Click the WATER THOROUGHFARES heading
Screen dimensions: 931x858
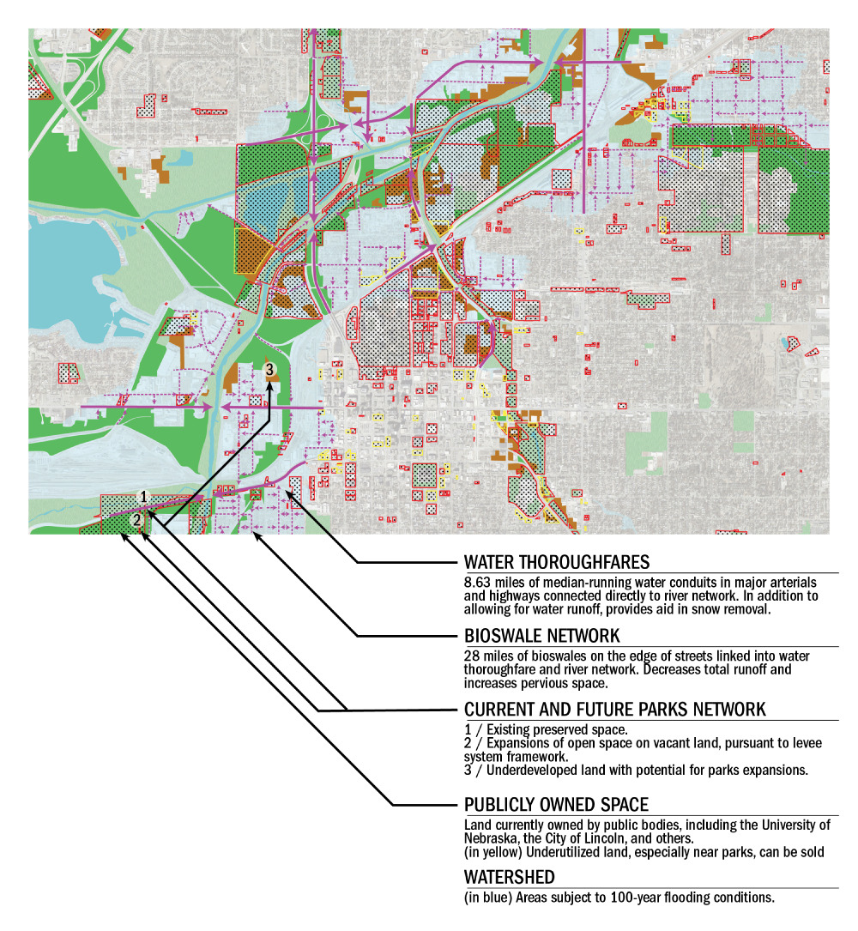point(556,563)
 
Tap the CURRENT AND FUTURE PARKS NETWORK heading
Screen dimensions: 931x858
point(614,710)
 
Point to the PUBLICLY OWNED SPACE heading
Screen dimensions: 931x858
point(556,805)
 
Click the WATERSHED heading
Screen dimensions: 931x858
point(509,878)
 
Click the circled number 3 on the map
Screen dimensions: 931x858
point(270,369)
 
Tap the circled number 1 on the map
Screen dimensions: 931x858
point(144,497)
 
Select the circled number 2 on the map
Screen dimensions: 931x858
point(136,520)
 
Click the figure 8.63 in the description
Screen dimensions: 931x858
point(477,583)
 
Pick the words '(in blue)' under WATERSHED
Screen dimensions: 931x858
point(486,898)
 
